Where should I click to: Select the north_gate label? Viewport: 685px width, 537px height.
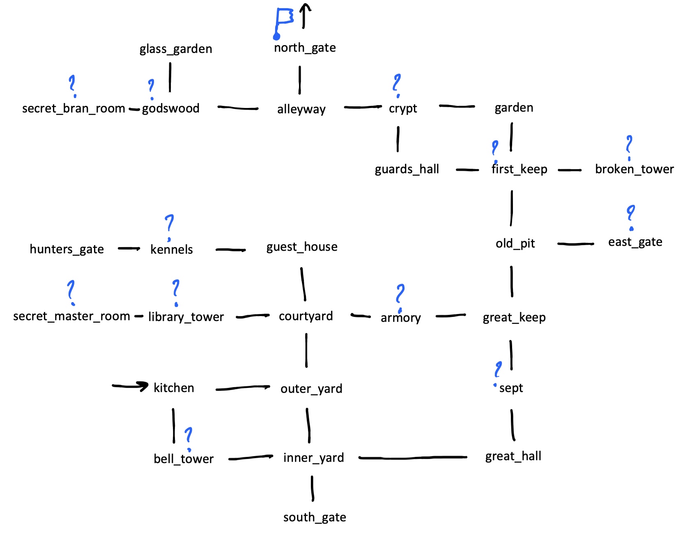(305, 48)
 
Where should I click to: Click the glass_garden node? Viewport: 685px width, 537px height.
(176, 49)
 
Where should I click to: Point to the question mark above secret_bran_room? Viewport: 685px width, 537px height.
(72, 85)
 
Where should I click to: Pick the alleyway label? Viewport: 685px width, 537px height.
(301, 109)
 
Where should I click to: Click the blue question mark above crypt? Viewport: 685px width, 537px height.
(397, 85)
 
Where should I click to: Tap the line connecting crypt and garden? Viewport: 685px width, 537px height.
(457, 106)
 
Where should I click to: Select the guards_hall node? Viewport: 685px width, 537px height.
(407, 169)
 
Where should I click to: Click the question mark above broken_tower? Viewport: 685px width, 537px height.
(629, 147)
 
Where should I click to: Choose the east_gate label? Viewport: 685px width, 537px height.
(635, 242)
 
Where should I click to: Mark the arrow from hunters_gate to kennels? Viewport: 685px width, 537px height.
(129, 248)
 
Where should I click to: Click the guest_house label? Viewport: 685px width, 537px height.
(302, 247)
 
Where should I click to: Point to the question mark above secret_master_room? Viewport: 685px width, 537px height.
(71, 292)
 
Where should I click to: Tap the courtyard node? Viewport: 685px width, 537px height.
(306, 316)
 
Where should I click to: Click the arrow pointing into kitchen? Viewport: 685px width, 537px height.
(130, 386)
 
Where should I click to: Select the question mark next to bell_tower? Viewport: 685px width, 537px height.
(188, 438)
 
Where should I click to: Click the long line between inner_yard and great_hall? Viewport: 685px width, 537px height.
(413, 457)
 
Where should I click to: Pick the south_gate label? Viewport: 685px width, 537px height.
(315, 517)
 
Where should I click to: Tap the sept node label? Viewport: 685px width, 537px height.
(511, 388)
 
